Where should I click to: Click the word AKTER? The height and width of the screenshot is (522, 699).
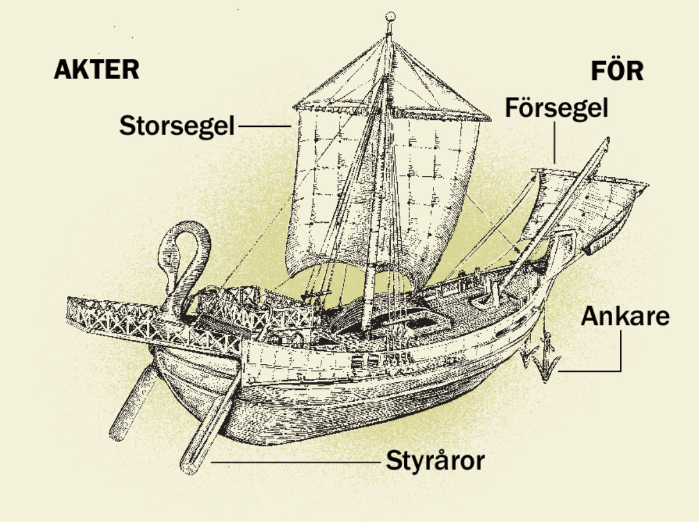point(97,70)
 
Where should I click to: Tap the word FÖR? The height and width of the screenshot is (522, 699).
point(617,71)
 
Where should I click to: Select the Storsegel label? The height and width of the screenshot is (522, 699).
point(176,126)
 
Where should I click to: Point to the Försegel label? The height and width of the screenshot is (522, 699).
point(556,108)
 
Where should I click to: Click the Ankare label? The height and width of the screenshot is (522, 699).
point(625,317)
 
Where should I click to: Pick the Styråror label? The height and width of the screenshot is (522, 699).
point(435,461)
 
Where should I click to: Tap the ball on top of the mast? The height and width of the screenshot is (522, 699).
point(391,16)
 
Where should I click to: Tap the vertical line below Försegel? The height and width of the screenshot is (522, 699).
point(555,143)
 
